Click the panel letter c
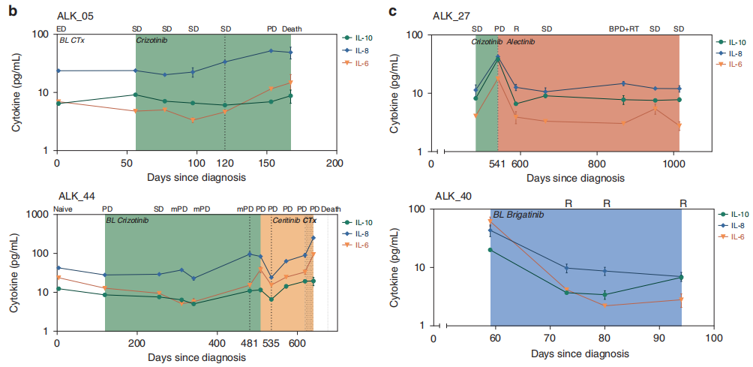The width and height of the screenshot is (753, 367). point(392,11)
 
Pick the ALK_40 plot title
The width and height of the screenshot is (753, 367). point(453,197)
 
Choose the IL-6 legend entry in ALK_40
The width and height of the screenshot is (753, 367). point(738,236)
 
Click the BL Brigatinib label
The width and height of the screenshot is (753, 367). point(518,215)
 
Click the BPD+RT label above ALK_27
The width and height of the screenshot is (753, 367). point(624,29)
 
